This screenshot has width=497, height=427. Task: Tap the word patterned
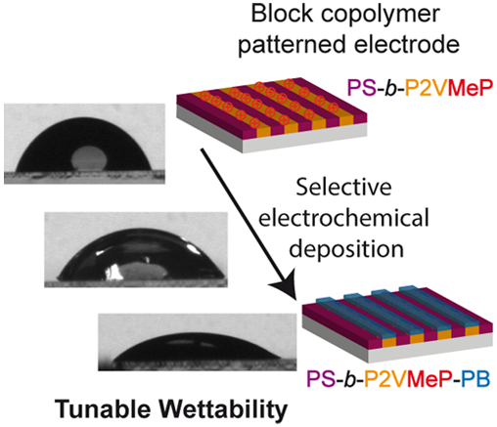click(292, 46)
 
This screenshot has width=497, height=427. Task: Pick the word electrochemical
click(343, 218)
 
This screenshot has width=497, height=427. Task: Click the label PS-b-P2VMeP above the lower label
click(421, 88)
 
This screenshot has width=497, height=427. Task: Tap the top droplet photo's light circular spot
click(89, 158)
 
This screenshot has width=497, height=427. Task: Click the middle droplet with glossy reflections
click(140, 255)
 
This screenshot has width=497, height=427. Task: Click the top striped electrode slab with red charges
click(272, 114)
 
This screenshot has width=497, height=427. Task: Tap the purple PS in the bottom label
click(321, 379)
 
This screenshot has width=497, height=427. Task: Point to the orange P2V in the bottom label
click(384, 379)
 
